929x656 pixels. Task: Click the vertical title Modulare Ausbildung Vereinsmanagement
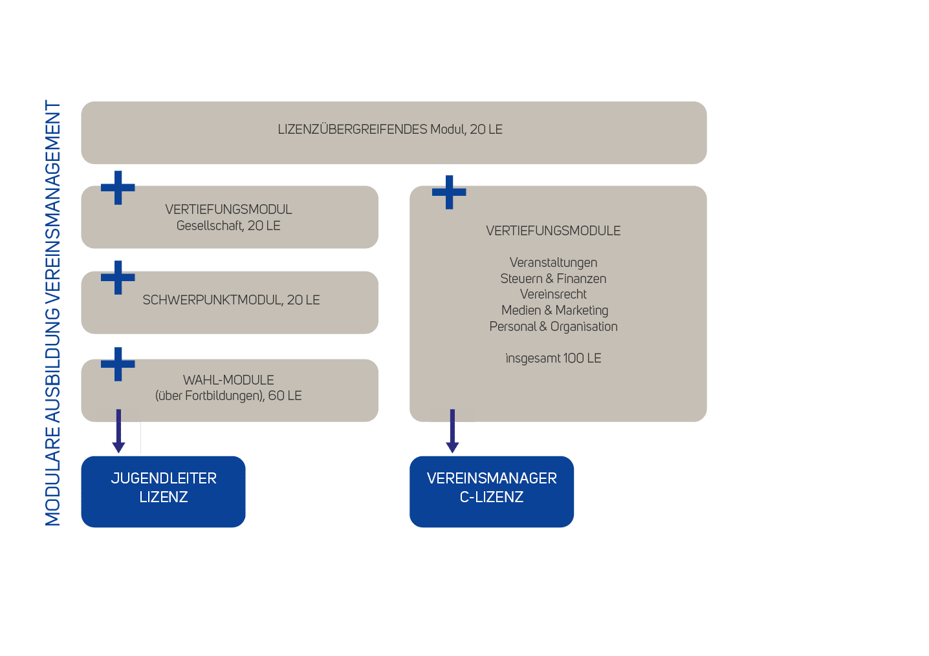[x=52, y=313]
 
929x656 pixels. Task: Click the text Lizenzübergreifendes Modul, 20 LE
[x=390, y=129]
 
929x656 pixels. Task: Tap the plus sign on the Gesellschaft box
[x=118, y=188]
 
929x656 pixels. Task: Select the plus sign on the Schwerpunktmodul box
[x=118, y=278]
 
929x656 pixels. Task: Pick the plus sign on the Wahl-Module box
[x=118, y=365]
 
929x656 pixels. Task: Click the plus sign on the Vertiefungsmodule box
[x=449, y=192]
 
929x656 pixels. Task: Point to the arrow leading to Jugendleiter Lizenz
[x=118, y=432]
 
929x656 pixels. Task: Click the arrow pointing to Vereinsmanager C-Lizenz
[x=452, y=432]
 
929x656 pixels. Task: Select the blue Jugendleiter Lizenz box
[x=163, y=491]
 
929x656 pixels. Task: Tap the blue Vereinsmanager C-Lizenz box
[x=492, y=491]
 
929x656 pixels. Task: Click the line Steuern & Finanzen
[x=553, y=279]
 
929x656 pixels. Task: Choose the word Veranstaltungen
[x=553, y=262]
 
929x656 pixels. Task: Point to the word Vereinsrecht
[x=553, y=294]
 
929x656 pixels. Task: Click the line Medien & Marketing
[x=554, y=310]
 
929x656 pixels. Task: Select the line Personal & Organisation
[x=553, y=326]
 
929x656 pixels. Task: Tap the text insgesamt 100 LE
[x=553, y=358]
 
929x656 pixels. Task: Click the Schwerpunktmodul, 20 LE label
[x=231, y=300]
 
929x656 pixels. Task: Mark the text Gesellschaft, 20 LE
[x=228, y=226]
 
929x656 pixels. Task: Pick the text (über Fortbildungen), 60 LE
[x=228, y=396]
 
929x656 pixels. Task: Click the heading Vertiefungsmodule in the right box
[x=553, y=231]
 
